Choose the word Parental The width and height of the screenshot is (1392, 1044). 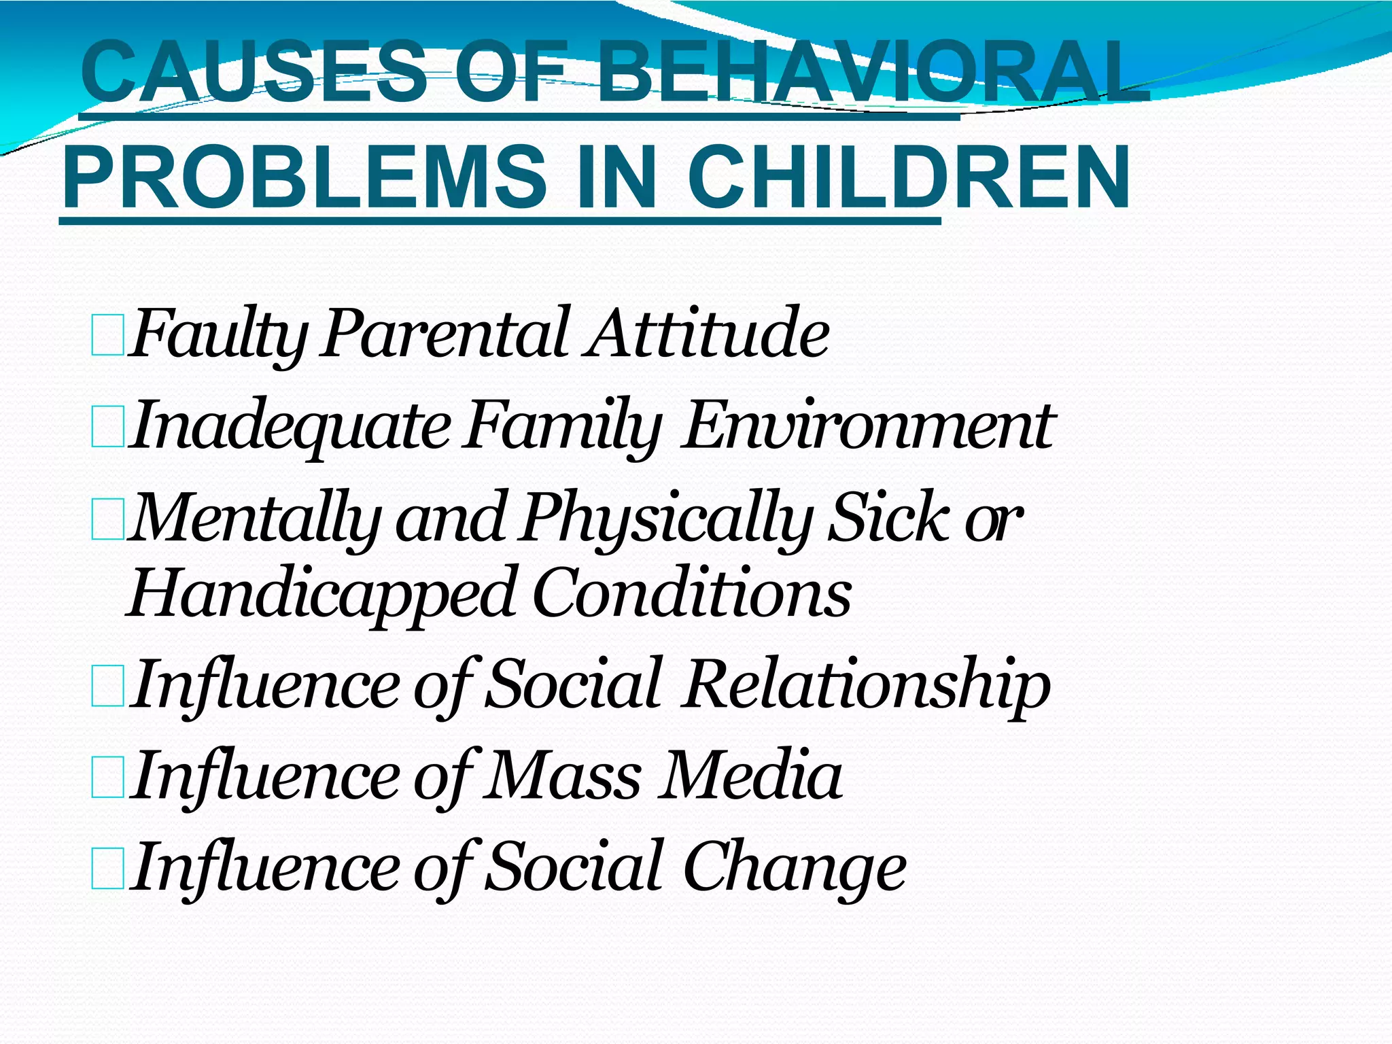(445, 333)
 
